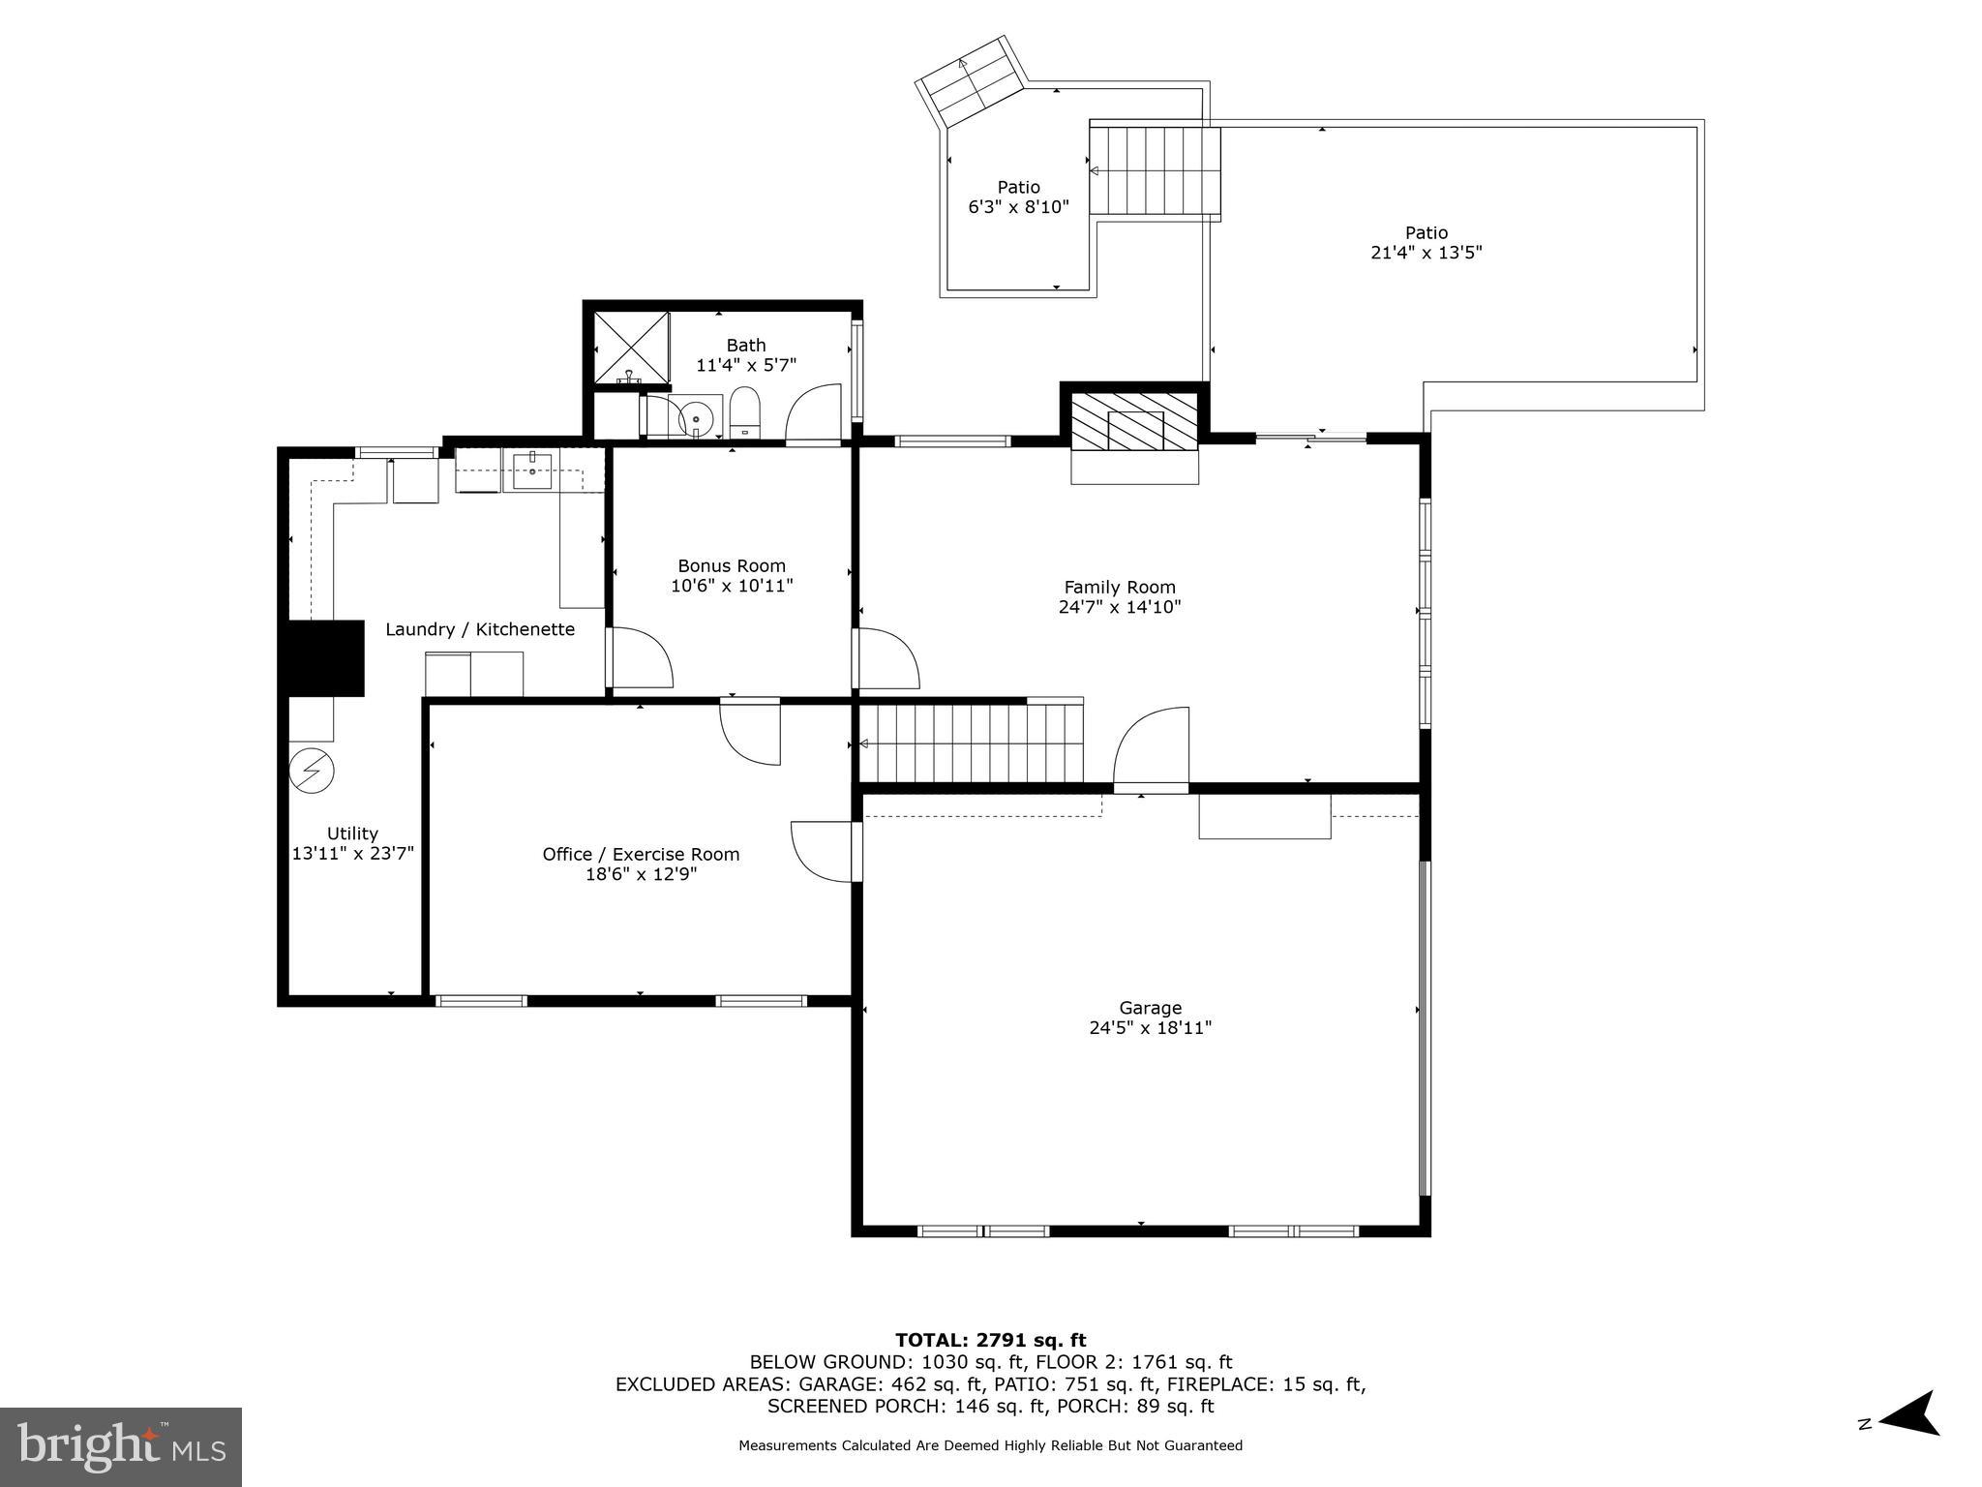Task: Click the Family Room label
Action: click(1120, 588)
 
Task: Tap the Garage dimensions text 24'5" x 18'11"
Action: click(1150, 1028)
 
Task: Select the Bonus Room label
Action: click(732, 566)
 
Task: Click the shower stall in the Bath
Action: click(630, 347)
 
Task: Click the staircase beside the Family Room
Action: click(971, 743)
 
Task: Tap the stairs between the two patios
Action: click(1155, 171)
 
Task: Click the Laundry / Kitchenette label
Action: click(480, 630)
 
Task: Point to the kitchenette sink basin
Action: click(531, 473)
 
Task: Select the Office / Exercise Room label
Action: click(641, 855)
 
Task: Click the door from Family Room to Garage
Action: click(1152, 750)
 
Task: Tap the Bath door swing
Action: click(813, 415)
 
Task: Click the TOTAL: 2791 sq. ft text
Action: click(990, 1341)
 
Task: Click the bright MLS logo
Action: click(121, 1445)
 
